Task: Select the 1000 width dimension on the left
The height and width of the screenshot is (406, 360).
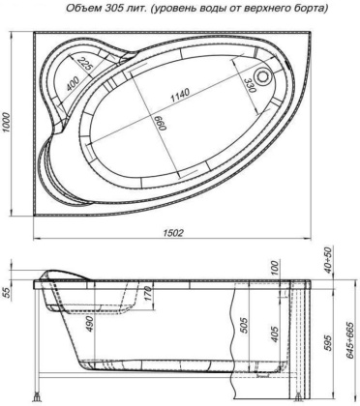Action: coord(9,123)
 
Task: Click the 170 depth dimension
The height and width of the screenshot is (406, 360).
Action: coord(145,310)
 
